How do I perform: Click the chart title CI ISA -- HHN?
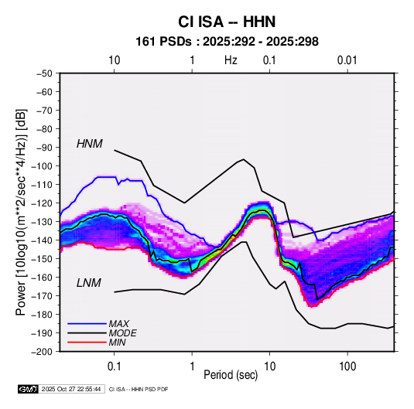(227, 22)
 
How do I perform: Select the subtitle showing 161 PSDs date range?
(227, 42)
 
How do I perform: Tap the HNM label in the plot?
(90, 144)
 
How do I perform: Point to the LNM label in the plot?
(89, 283)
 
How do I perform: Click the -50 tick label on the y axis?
(44, 73)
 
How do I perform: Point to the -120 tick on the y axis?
(43, 203)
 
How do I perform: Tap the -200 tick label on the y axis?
(43, 352)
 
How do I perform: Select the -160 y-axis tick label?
(43, 278)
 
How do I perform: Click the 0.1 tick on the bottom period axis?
(114, 366)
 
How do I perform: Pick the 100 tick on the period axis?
(347, 366)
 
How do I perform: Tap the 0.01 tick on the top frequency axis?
(347, 60)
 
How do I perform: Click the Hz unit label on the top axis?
(231, 60)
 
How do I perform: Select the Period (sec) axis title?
(231, 375)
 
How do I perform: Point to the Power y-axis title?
(21, 213)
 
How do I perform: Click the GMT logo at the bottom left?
(28, 389)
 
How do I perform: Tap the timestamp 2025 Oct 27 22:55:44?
(71, 389)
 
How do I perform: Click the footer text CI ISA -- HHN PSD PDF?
(139, 389)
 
